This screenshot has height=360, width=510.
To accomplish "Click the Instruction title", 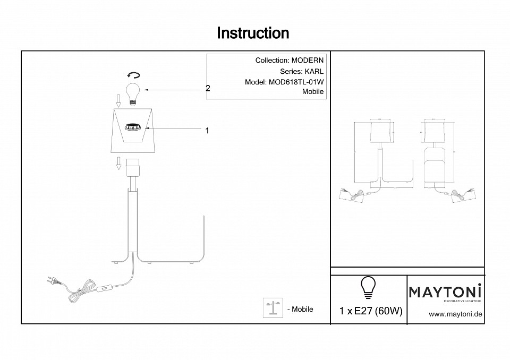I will coord(253,33).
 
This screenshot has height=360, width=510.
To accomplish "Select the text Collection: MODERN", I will coord(289,61).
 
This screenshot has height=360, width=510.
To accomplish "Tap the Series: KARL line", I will coord(301,71).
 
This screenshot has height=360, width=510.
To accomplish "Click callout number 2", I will coord(208,89).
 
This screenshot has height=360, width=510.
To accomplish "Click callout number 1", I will coord(207,130).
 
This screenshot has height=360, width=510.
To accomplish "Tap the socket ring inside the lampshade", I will coord(133,127).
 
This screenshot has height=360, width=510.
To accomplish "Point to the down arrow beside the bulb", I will coord(119,99).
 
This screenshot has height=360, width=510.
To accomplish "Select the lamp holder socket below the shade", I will coord(133,167).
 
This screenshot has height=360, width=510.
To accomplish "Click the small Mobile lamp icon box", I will coord(273,308).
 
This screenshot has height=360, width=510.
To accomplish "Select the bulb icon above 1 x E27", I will coord(368,287).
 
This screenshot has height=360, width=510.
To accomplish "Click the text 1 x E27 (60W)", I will coord(370,311).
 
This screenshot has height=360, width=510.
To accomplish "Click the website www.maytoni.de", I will coord(455,314).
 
